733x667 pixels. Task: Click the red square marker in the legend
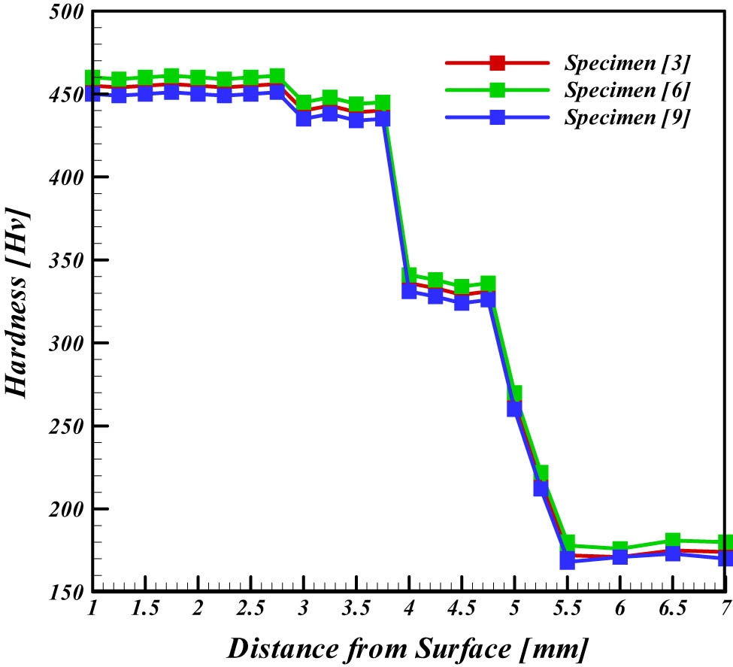point(497,62)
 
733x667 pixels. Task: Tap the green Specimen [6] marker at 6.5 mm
point(673,541)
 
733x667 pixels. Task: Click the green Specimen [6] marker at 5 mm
point(514,394)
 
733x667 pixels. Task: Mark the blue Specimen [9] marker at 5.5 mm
point(568,561)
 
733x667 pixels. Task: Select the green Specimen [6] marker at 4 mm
point(409,276)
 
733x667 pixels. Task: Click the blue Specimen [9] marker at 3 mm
point(304,117)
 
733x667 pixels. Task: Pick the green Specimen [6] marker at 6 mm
point(620,549)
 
